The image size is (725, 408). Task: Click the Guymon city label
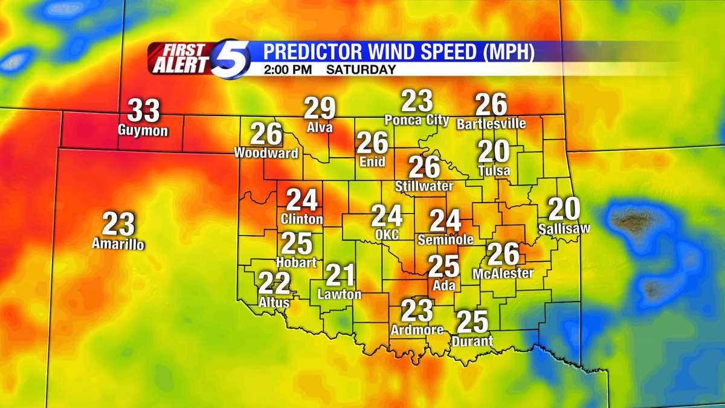click(143, 131)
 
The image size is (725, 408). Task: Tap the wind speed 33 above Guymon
click(144, 111)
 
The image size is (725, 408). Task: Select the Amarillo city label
click(118, 244)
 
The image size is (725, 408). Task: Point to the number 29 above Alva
click(320, 109)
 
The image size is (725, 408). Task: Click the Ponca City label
click(417, 120)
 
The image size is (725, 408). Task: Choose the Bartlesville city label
click(491, 124)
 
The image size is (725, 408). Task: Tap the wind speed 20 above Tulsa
click(494, 151)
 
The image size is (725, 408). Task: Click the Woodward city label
click(266, 153)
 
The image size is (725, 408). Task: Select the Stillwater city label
click(424, 186)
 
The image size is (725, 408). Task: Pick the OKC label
click(387, 234)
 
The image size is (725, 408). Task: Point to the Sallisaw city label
click(564, 228)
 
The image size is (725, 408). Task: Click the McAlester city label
click(503, 273)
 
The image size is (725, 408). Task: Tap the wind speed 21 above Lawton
click(340, 276)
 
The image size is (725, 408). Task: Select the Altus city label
click(274, 302)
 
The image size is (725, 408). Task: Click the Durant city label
click(472, 342)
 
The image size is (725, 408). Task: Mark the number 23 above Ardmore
click(417, 311)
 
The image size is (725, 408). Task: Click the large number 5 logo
click(231, 58)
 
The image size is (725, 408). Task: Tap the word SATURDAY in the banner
click(361, 70)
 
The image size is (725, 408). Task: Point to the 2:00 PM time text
click(288, 70)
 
